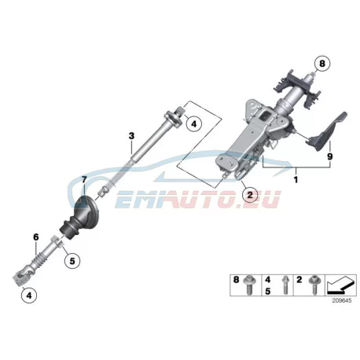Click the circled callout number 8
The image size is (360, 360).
pos(322,64)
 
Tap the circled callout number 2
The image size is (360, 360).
pos(250,194)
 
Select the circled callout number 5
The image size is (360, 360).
pos(72,260)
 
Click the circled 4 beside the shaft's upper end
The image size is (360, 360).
pos(193,123)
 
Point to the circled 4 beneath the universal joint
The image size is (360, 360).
pos(29,296)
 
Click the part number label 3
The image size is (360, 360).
pos(131,136)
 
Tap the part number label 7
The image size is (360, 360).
pos(84,180)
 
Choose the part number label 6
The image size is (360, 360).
pos(36,237)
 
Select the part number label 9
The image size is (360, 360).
pos(330,156)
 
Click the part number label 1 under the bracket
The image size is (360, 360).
pos(296,180)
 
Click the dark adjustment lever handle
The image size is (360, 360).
pos(326,132)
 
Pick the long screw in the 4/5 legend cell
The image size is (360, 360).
pos(285,285)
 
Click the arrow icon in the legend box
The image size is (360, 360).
pos(340,285)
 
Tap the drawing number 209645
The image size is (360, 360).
pos(342,300)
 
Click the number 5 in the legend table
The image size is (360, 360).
pos(267,291)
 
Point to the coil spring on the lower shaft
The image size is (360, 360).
pos(36,259)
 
